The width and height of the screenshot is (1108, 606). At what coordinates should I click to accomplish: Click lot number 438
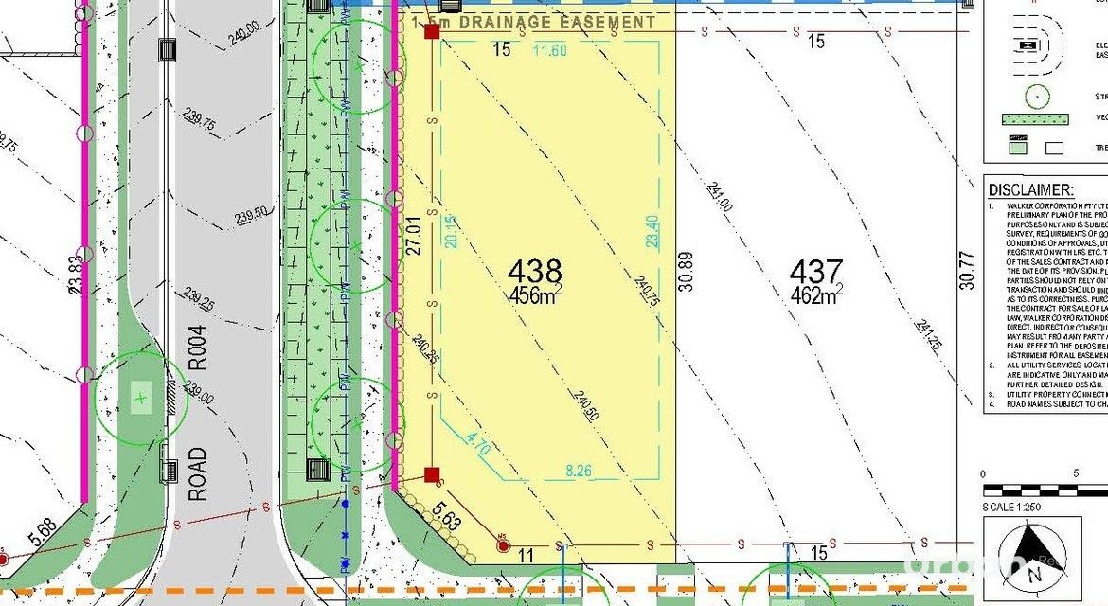pos(535,272)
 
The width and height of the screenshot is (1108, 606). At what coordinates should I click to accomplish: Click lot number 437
pos(816,272)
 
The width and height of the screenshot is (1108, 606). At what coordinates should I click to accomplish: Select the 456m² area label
pos(531,296)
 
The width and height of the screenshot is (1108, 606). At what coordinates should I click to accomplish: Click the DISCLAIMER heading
pos(1029,189)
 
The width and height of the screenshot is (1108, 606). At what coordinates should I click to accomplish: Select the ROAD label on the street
pos(197,474)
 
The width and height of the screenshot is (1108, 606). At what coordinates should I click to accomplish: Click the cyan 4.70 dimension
pos(478,445)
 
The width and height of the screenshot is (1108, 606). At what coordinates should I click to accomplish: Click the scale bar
pos(1045,490)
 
